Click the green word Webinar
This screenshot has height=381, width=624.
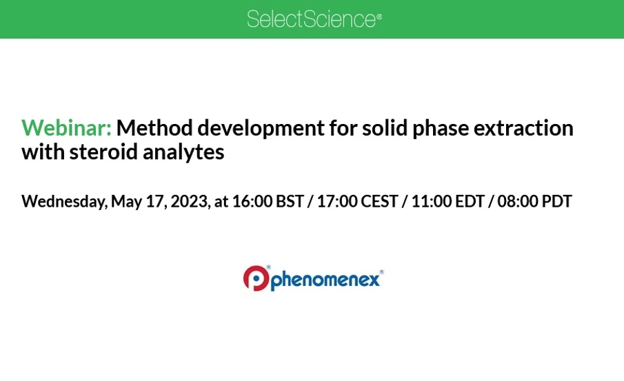tap(66, 128)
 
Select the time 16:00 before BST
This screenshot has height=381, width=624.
tap(252, 202)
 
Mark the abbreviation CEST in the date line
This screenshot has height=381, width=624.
tap(381, 202)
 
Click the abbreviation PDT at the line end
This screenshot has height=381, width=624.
tap(558, 202)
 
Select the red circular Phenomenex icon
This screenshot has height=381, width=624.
tap(256, 278)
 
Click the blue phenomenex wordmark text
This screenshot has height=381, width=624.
tap(325, 280)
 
